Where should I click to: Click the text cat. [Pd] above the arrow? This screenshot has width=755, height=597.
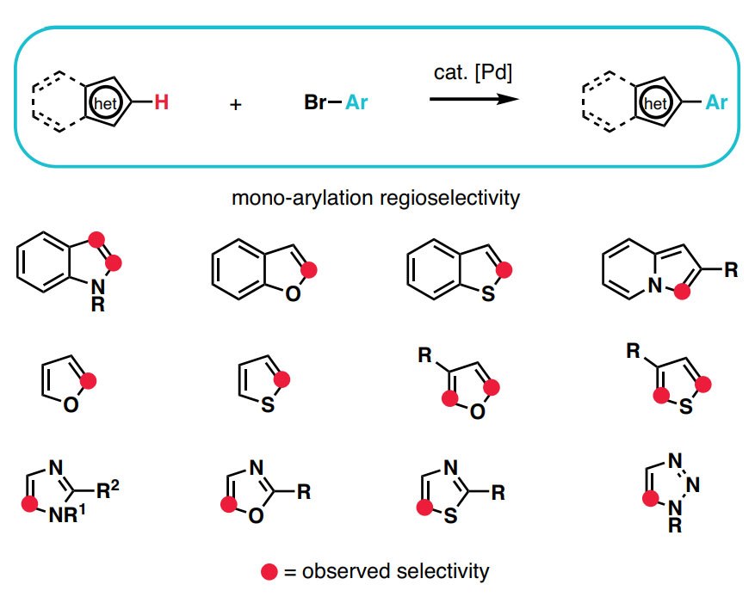click(x=473, y=74)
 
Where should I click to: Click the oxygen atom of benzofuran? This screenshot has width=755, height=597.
click(x=294, y=293)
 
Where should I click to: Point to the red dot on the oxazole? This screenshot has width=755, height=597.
click(x=228, y=505)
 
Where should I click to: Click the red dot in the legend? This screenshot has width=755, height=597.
click(x=269, y=570)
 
